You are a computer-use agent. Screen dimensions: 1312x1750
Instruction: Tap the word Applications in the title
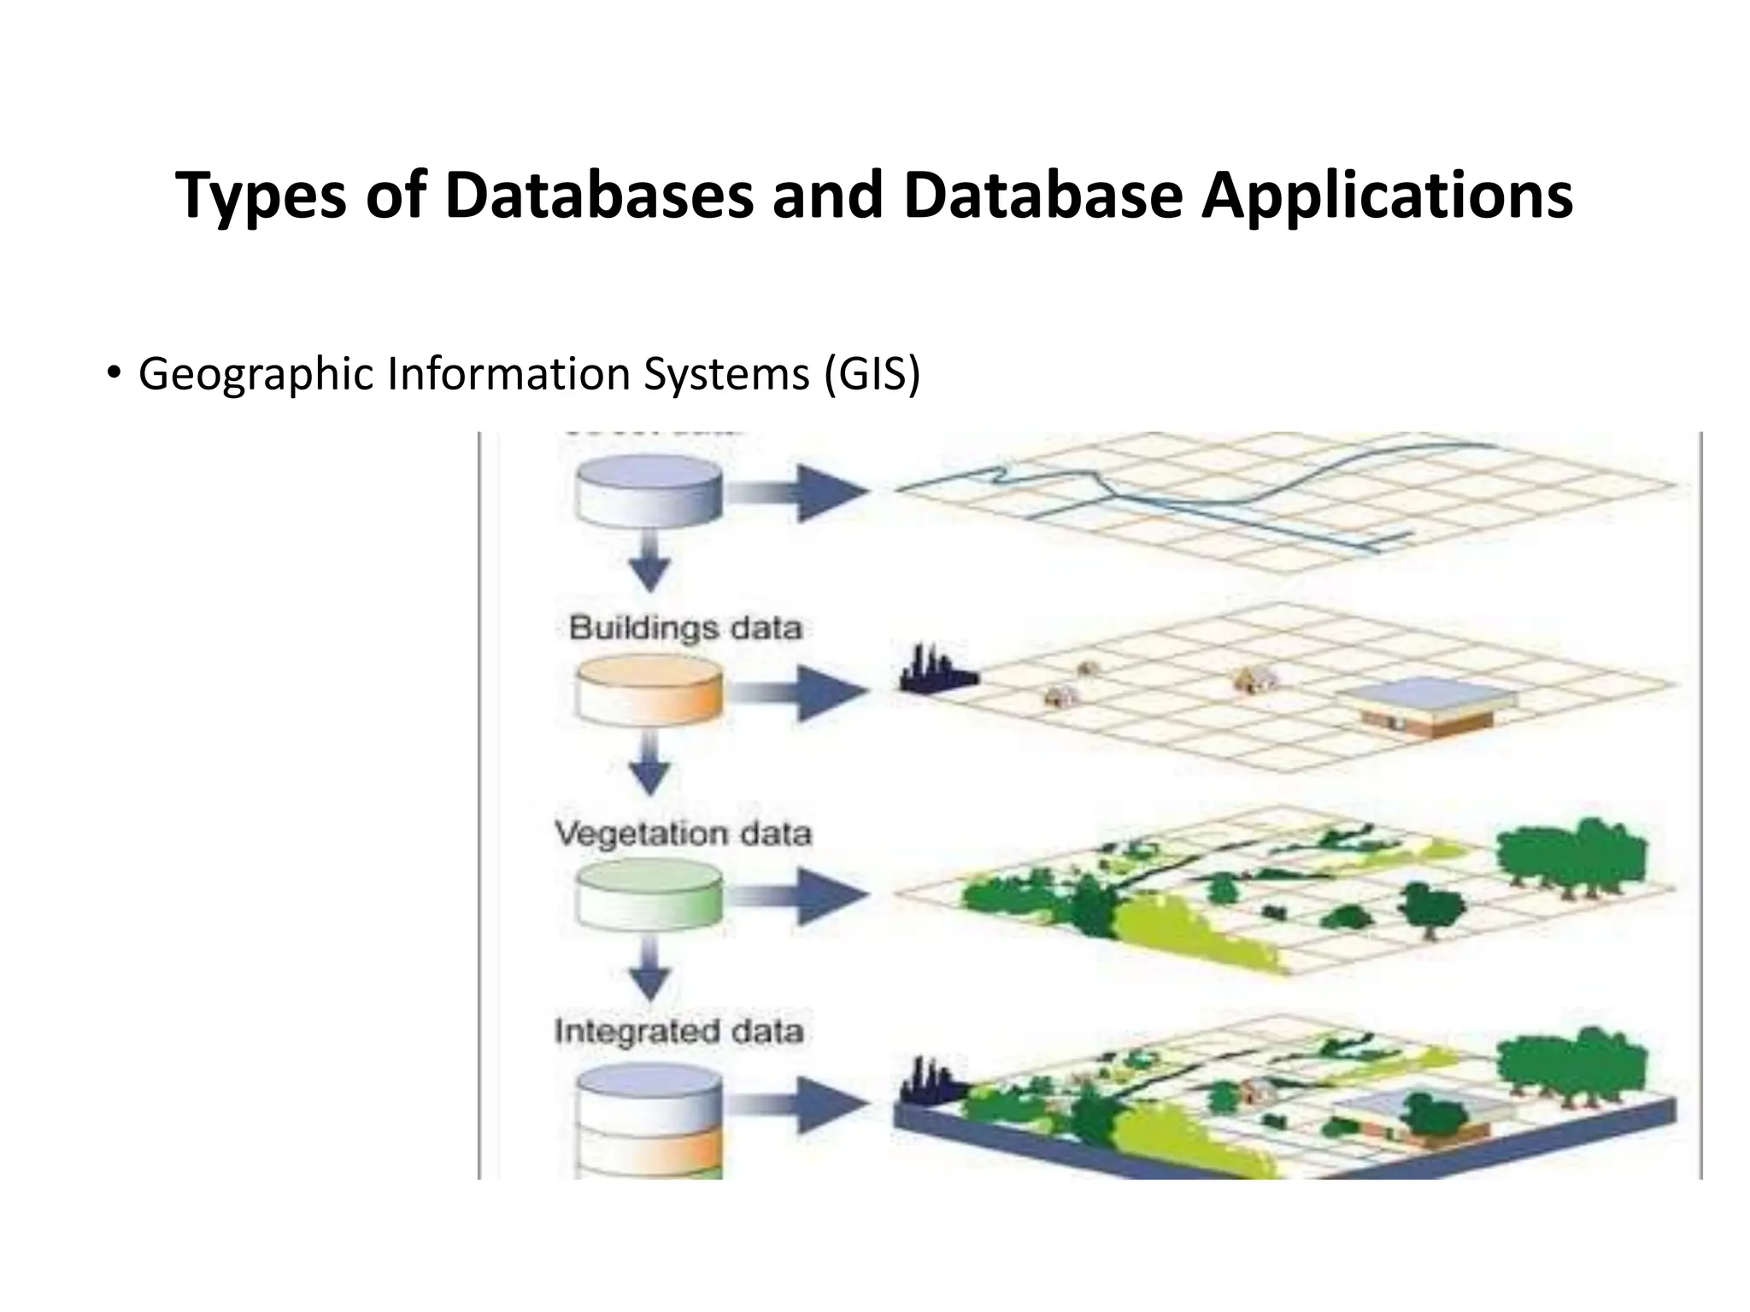pyautogui.click(x=1386, y=196)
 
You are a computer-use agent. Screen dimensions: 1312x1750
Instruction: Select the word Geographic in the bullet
pyautogui.click(x=255, y=374)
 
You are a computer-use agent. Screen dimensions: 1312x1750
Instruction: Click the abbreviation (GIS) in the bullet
pyautogui.click(x=872, y=374)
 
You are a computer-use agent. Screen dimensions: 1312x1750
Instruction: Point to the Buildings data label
pyautogui.click(x=685, y=629)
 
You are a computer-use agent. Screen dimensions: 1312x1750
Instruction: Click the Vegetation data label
pyautogui.click(x=683, y=833)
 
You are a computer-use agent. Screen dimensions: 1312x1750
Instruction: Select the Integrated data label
pyautogui.click(x=679, y=1031)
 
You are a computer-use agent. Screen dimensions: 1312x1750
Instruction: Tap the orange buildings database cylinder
pyautogui.click(x=649, y=693)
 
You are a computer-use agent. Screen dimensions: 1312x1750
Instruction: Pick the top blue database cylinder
pyautogui.click(x=649, y=491)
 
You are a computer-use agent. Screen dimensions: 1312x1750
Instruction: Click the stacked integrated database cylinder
pyautogui.click(x=649, y=1123)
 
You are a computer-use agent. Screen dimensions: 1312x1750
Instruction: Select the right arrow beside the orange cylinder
pyautogui.click(x=799, y=693)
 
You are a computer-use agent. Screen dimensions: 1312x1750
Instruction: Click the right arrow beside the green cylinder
pyautogui.click(x=799, y=894)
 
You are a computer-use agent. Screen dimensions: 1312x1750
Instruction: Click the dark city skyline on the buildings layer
pyautogui.click(x=936, y=671)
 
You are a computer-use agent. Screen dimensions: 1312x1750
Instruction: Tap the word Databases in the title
pyautogui.click(x=599, y=196)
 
